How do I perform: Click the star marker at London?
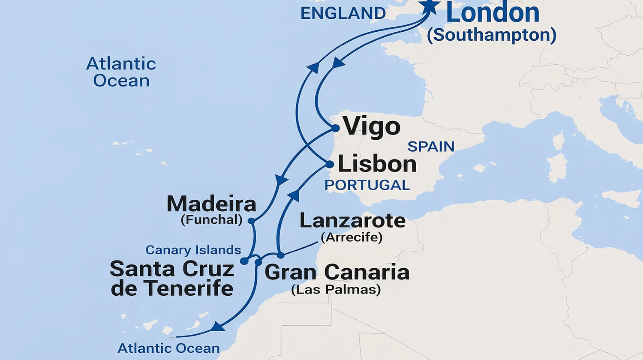point(430,6)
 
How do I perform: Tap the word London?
point(493,13)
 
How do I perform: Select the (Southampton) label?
point(491,35)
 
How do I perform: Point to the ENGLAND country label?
point(343,14)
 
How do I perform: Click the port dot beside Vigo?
point(335,128)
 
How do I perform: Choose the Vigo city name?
point(372,127)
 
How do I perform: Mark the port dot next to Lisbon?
point(330,165)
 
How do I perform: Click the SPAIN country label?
point(431,147)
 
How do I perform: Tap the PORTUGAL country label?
point(367,185)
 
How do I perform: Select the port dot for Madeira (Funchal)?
point(252,221)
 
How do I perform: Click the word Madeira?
point(211,204)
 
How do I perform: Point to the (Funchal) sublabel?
point(211,220)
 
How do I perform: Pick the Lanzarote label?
point(352,221)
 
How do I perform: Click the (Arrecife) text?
point(352,237)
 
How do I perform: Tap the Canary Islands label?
point(193,250)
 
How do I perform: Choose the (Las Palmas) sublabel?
point(336,289)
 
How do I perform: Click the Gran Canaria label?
point(337,272)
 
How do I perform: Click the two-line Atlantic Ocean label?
point(121,72)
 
